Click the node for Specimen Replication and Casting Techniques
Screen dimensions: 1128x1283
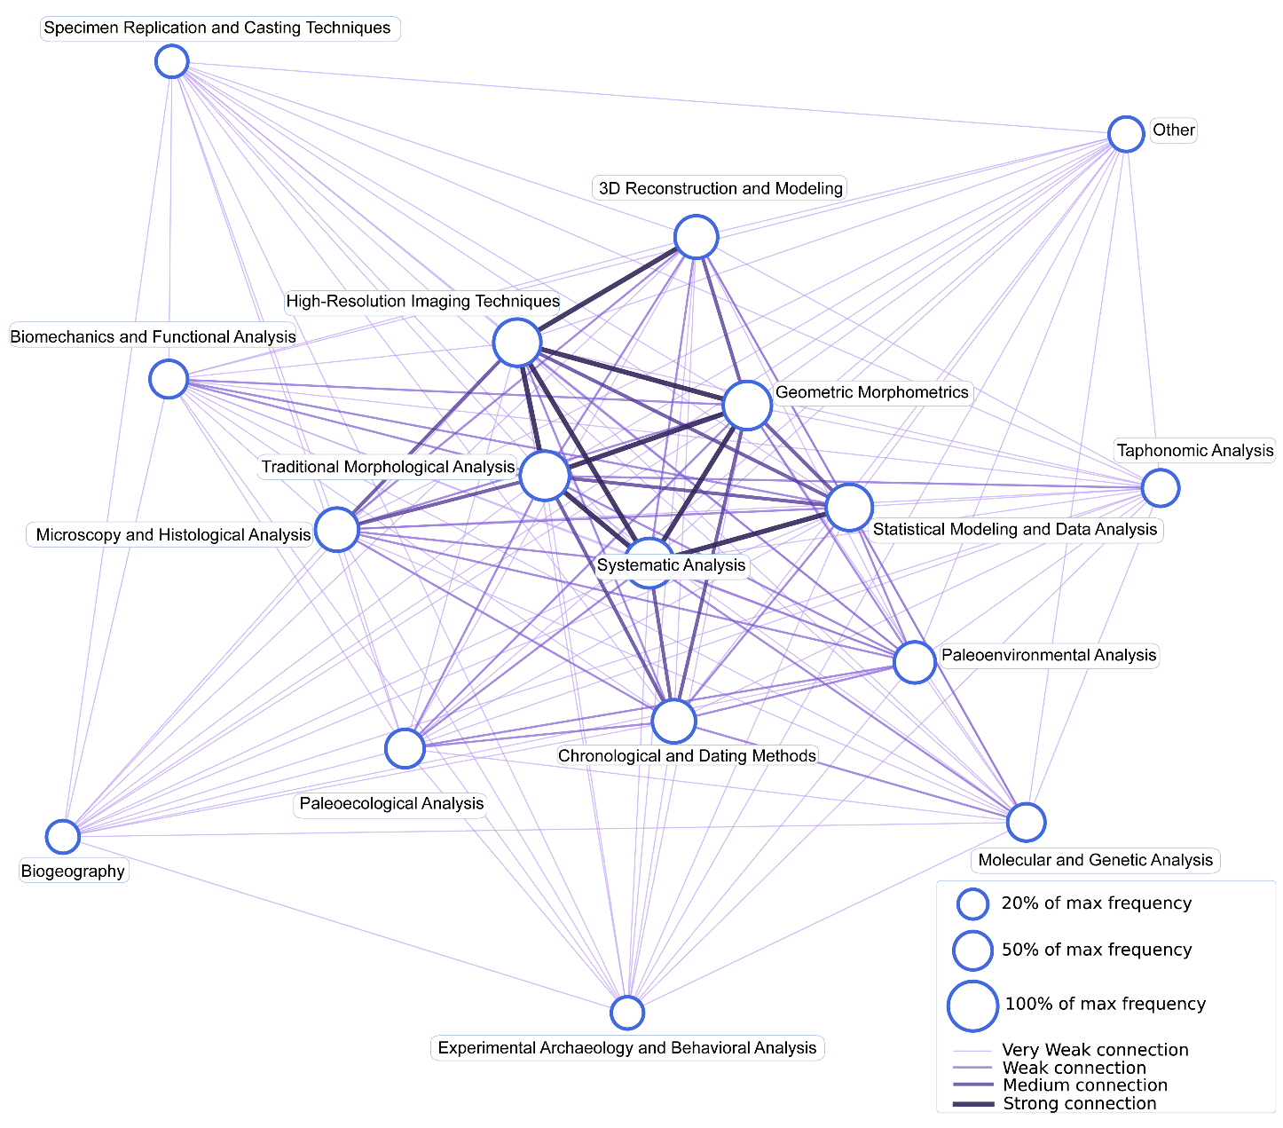coord(171,62)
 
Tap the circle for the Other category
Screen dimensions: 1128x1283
coord(1126,134)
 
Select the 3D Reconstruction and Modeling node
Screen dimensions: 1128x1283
coord(696,237)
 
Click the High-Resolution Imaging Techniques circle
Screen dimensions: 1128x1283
coord(517,343)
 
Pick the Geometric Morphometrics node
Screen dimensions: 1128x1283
coord(747,405)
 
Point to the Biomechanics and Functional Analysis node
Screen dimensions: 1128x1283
coord(169,379)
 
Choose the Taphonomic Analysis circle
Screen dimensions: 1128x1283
coord(1160,487)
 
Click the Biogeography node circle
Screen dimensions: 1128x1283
coord(63,836)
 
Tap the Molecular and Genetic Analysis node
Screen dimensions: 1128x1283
coord(1027,822)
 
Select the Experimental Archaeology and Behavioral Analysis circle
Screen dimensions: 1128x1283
coord(627,1013)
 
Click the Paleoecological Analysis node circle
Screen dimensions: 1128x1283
coord(405,748)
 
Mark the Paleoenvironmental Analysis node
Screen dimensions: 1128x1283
coord(914,662)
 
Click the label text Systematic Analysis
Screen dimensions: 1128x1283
coord(671,565)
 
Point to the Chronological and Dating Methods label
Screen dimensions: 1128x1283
coord(687,756)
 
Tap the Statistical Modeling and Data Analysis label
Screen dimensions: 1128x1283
coord(1015,530)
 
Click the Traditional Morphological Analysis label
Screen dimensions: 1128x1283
coord(388,467)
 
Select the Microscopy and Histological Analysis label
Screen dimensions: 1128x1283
coord(173,535)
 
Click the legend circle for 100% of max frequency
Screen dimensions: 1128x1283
coord(973,1006)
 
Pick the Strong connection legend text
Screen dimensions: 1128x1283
coord(1079,1104)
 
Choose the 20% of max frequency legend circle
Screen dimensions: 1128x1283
coord(973,904)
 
